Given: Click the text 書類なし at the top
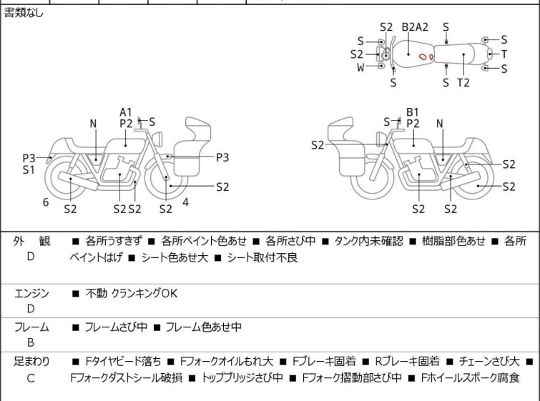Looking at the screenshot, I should [24, 13].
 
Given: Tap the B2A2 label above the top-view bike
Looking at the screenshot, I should [415, 27].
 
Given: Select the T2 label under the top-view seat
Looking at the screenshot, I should [463, 83].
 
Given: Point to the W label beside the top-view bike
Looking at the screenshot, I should [360, 67].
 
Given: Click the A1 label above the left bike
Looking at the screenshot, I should [126, 112].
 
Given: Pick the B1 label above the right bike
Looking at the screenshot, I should [413, 112].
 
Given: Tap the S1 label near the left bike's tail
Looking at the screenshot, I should [29, 170].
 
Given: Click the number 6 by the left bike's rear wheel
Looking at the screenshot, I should [46, 202].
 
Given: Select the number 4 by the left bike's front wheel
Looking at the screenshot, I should [185, 202].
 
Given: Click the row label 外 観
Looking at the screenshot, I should [31, 242].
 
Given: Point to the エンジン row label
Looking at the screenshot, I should [31, 293].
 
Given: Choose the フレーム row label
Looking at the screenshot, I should [31, 327].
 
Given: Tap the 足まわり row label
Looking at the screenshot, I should [31, 362].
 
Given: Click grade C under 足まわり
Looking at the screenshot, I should [31, 378].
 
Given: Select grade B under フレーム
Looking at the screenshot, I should [31, 343].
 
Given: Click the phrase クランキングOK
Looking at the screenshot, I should [144, 293].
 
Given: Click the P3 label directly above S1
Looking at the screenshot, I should [29, 158].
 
